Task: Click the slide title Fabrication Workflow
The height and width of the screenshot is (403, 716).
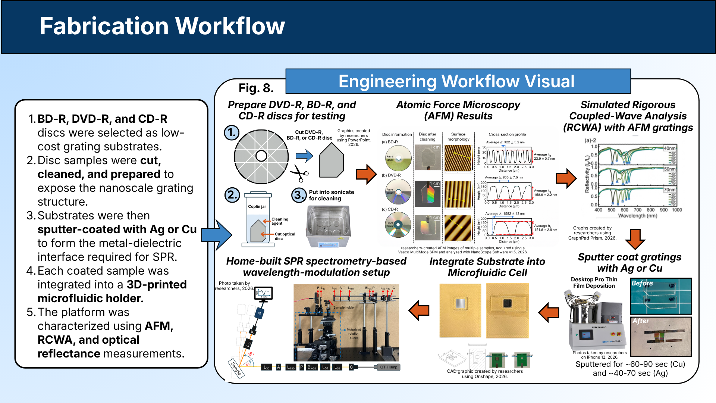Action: [x=162, y=26]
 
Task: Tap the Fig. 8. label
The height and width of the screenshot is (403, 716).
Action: [x=256, y=88]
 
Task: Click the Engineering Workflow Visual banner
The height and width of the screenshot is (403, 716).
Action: [x=458, y=81]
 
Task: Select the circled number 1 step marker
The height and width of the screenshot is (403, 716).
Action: [x=232, y=132]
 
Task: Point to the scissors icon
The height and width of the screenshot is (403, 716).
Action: [x=299, y=174]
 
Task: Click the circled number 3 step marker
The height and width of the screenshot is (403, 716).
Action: [x=299, y=195]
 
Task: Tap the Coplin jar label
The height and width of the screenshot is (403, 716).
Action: [x=257, y=206]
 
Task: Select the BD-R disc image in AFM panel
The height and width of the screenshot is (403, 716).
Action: [x=398, y=158]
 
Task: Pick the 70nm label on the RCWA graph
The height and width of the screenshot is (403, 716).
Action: [x=669, y=190]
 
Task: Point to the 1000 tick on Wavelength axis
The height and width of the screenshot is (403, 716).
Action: [x=677, y=210]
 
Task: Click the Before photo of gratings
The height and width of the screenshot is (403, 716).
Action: [x=661, y=296]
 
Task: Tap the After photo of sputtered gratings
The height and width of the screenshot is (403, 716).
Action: [x=661, y=337]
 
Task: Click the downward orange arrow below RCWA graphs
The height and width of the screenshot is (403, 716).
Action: [x=635, y=239]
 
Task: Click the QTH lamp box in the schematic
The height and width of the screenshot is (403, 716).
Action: [x=389, y=367]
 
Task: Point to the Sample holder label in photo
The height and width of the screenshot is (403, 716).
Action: [x=344, y=307]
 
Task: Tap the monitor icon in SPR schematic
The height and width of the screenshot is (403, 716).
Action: [x=264, y=293]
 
